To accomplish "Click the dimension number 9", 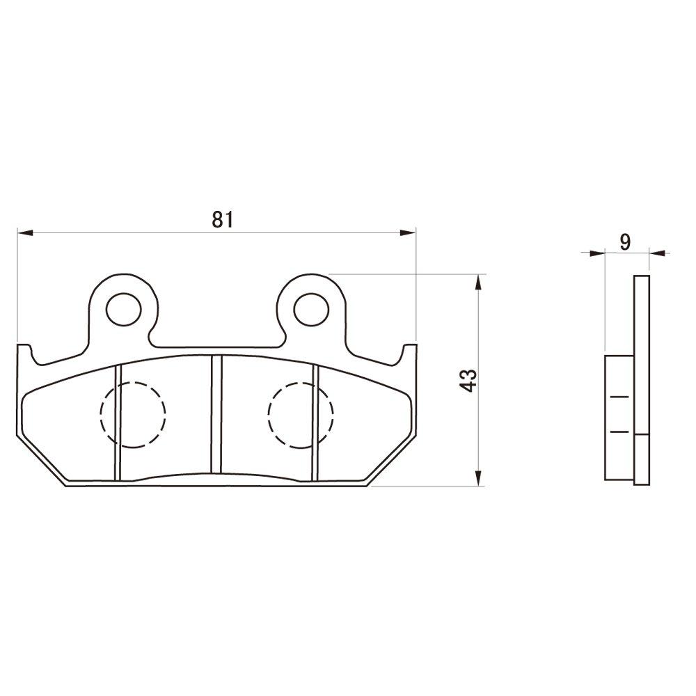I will (x=625, y=242).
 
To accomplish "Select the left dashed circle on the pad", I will (x=133, y=414).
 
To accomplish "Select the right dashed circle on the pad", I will (x=300, y=414).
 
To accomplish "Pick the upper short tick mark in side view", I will (x=618, y=398).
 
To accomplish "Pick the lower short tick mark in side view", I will (x=618, y=432).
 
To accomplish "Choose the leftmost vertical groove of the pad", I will (x=118, y=422).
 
